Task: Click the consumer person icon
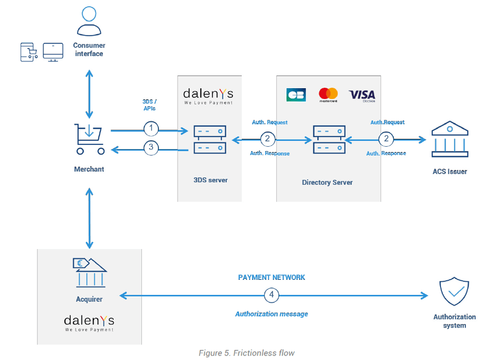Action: pos(89,22)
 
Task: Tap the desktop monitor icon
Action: pos(53,52)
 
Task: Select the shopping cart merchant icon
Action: pos(89,139)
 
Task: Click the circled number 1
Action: pos(151,129)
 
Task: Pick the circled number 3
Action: pos(151,147)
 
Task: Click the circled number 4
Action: pos(271,295)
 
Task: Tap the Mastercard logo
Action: pos(328,95)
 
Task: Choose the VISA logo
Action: pos(362,95)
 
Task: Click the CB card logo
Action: pos(296,95)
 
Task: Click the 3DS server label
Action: pos(211,180)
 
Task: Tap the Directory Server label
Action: pos(327,183)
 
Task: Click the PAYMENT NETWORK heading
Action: pos(271,277)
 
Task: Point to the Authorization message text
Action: pos(271,314)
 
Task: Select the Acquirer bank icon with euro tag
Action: pos(89,272)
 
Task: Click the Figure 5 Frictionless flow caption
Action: pos(247,353)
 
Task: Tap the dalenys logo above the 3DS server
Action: pos(208,95)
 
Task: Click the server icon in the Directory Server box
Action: pos(328,139)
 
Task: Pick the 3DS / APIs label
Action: pos(149,104)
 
